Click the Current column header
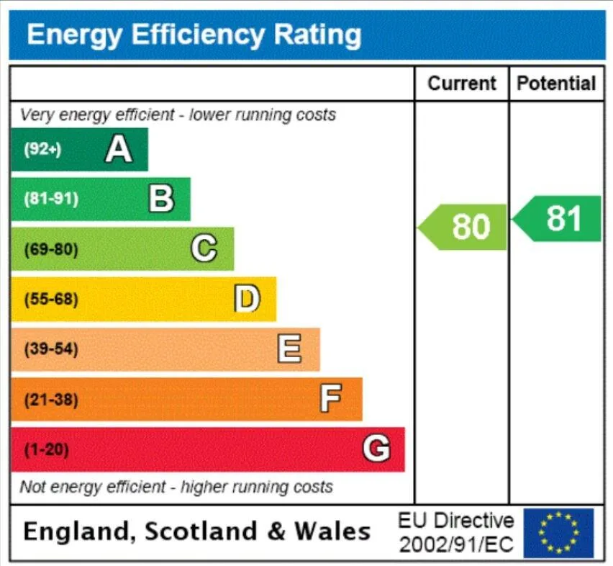(462, 84)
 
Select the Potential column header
(556, 84)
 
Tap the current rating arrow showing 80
(462, 227)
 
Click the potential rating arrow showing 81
(556, 219)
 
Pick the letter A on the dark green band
(119, 148)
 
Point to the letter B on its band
(161, 199)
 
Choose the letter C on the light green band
(204, 248)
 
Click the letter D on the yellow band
(247, 298)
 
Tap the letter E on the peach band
(289, 348)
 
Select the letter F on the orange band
(331, 398)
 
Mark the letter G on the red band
(376, 448)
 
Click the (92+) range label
(42, 149)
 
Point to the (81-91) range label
(51, 199)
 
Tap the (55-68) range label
(51, 300)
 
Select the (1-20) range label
(47, 449)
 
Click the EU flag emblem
(558, 533)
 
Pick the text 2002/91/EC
(456, 544)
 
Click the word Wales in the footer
(332, 531)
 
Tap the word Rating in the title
(317, 35)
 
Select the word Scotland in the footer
(201, 531)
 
